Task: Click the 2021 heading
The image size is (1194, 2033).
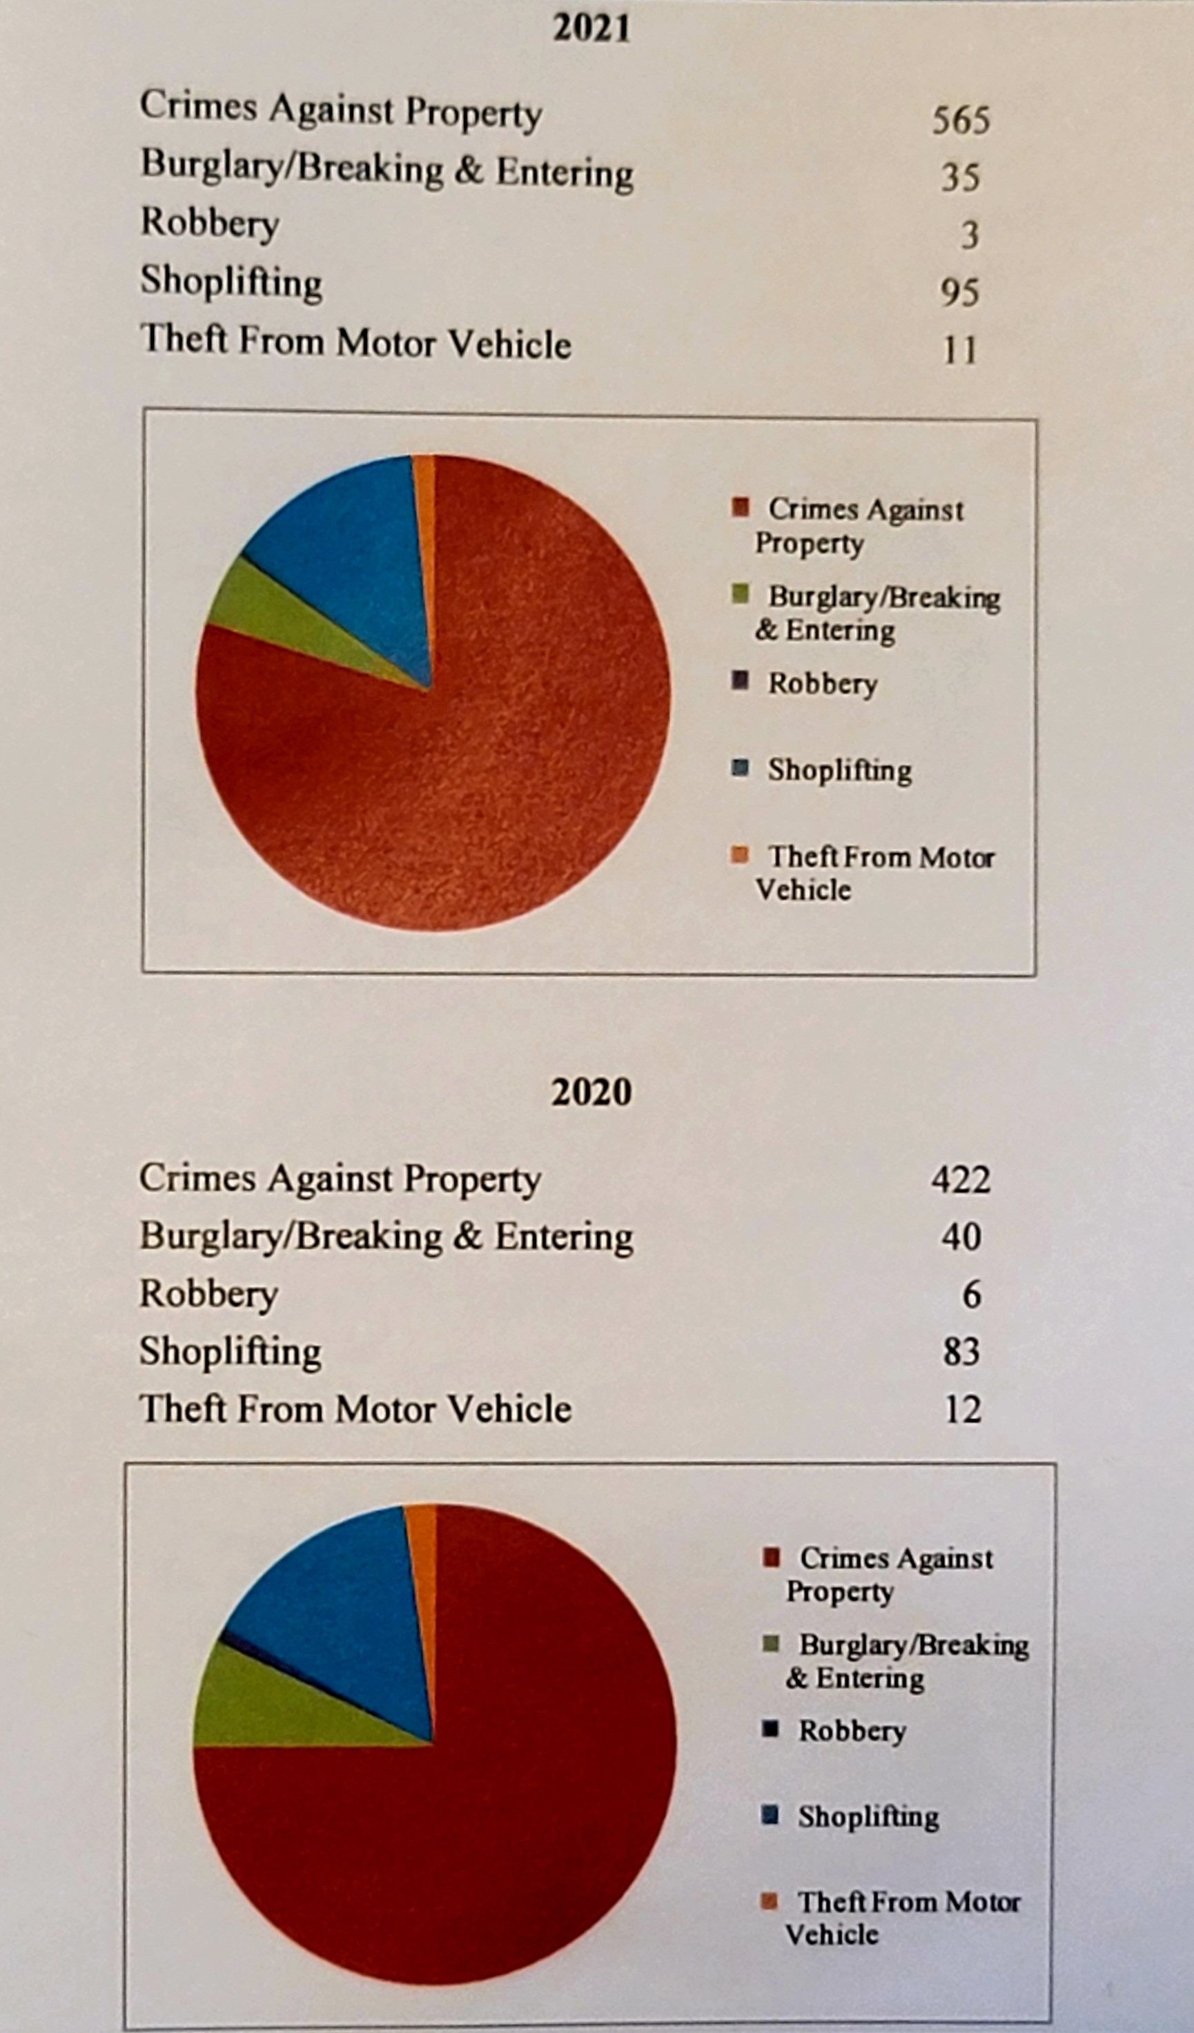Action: coord(591,28)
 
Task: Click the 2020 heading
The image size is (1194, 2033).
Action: coord(591,1093)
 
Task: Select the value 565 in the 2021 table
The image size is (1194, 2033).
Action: coord(960,120)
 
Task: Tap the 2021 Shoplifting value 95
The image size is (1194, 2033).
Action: coord(960,292)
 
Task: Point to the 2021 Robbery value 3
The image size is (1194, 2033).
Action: coord(970,235)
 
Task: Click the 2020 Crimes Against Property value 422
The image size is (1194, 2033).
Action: coord(960,1180)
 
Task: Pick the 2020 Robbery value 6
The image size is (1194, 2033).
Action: coord(971,1295)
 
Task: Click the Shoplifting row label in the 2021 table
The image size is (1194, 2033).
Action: coord(231,282)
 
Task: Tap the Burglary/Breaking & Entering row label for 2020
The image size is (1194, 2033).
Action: coord(386,1237)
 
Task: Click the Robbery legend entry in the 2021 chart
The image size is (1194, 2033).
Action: coord(821,684)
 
